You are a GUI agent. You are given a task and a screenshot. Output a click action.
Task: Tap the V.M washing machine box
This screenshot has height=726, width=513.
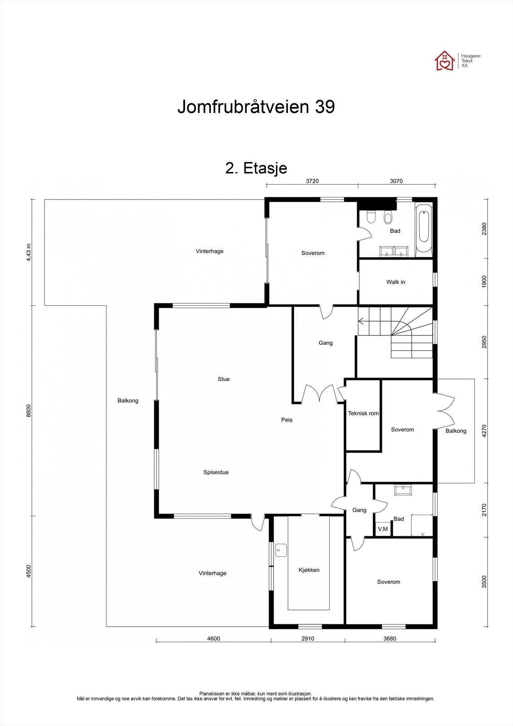[x=383, y=529]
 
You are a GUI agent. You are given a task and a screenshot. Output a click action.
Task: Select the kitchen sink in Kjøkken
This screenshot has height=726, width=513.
[x=281, y=550]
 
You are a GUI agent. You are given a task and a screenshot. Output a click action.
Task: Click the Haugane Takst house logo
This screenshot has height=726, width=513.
[x=445, y=61]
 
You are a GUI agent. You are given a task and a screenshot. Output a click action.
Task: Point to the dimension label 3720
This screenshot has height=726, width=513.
[x=312, y=181]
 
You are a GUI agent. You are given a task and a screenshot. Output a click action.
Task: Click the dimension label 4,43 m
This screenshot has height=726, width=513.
[x=29, y=252]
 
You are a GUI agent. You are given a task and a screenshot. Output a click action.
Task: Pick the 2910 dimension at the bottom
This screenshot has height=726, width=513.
[x=308, y=638]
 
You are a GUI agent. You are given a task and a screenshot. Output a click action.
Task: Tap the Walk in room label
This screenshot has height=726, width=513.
[x=396, y=282]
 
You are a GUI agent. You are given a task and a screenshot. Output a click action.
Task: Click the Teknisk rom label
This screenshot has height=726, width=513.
[x=363, y=413]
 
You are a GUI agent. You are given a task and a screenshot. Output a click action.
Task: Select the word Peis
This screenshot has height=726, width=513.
[x=287, y=420]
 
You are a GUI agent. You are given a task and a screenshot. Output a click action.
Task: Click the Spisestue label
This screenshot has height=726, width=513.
[x=216, y=472]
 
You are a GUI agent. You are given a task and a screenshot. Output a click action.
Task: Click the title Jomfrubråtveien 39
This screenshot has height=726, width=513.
[x=256, y=107]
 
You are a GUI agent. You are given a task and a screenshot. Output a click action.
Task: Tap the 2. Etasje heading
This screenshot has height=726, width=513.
[x=256, y=168]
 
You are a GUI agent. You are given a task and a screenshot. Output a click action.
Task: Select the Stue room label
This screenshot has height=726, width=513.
[x=224, y=379]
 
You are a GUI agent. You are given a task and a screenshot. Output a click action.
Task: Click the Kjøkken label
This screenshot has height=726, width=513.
[x=309, y=570]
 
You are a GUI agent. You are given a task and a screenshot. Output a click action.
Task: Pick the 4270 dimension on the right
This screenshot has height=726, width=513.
[x=484, y=431]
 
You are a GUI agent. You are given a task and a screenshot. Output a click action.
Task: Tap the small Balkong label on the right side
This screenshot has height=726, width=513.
[x=456, y=431]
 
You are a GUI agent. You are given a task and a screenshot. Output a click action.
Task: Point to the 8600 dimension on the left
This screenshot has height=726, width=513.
[x=29, y=410]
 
